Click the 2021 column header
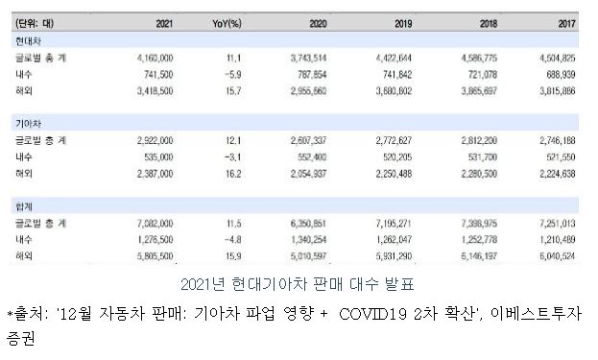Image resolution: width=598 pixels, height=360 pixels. (x=162, y=21)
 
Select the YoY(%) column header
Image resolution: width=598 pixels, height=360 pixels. (x=225, y=21)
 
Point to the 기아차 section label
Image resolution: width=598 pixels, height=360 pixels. (x=27, y=124)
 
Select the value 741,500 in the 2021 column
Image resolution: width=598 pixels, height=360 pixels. (x=156, y=74)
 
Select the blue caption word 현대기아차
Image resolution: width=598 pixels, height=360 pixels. (x=266, y=285)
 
